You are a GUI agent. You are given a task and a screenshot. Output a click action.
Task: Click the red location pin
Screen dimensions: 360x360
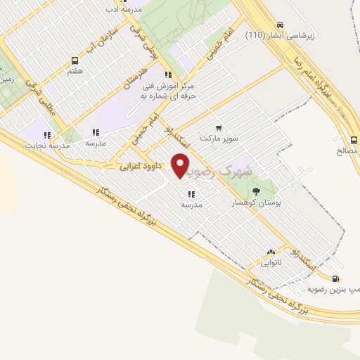(181, 165)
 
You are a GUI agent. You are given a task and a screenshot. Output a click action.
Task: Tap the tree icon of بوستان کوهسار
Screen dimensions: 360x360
(255, 189)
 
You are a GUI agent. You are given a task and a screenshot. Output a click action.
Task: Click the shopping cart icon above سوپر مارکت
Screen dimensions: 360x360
(219, 127)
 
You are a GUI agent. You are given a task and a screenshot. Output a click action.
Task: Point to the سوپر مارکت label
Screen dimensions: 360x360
(219, 138)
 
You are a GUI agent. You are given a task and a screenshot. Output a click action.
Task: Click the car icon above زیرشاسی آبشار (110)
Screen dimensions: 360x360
(281, 22)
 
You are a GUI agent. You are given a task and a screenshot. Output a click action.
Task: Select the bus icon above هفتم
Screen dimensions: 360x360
(75, 60)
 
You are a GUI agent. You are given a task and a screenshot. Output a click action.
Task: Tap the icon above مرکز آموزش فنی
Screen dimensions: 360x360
(167, 75)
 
